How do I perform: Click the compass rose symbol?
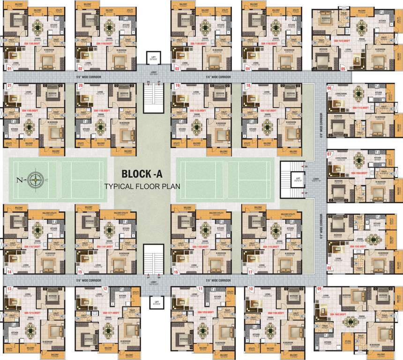[x=34, y=179]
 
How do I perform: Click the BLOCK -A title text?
[x=142, y=174]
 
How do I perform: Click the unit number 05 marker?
[x=343, y=68]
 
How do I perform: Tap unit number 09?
[x=320, y=289]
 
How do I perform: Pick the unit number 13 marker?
[x=8, y=289]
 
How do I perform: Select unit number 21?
[x=8, y=86]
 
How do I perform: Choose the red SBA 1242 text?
[x=347, y=246]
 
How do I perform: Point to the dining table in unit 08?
[x=373, y=240]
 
